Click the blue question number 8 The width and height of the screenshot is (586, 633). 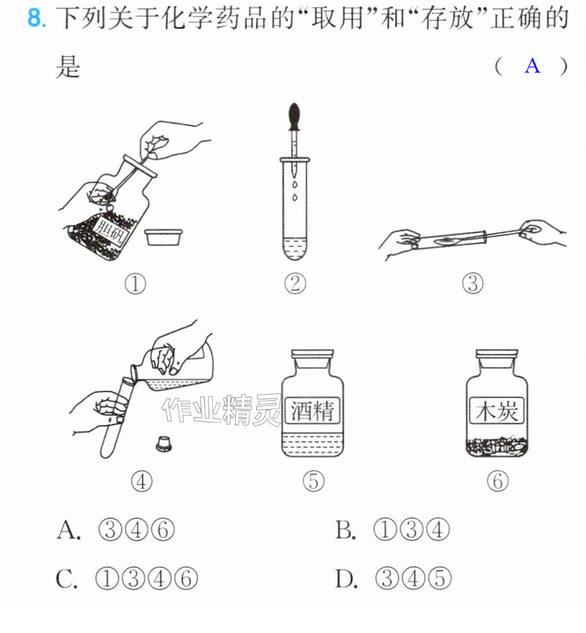pyautogui.click(x=36, y=18)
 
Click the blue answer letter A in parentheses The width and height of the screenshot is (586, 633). pyautogui.click(x=532, y=65)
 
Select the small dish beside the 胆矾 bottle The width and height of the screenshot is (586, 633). pyautogui.click(x=164, y=238)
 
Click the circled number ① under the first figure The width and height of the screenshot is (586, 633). pyautogui.click(x=135, y=284)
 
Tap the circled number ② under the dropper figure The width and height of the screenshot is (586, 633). pyautogui.click(x=295, y=284)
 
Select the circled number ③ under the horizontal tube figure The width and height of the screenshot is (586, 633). pyautogui.click(x=472, y=284)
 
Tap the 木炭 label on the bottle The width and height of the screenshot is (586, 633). pyautogui.click(x=497, y=411)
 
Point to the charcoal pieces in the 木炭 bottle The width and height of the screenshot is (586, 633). pyautogui.click(x=497, y=446)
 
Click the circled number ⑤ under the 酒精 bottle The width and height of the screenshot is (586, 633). pyautogui.click(x=313, y=481)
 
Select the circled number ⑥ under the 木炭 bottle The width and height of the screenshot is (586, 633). pyautogui.click(x=497, y=481)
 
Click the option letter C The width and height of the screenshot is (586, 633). pyautogui.click(x=65, y=579)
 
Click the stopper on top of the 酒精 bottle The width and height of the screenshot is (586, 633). pyautogui.click(x=312, y=354)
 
